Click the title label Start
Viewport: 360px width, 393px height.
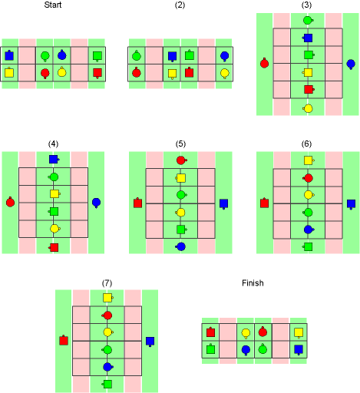point(53,5)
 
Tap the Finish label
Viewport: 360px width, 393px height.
point(253,282)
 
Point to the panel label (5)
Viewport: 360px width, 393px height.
point(180,144)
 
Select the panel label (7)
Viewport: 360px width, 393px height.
point(107,283)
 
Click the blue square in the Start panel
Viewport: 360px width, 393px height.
point(9,55)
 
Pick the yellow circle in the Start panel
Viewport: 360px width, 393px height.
point(62,72)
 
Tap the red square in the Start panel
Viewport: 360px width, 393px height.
point(97,73)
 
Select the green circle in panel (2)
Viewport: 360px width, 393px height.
point(137,55)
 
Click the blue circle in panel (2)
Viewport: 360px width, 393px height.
point(224,56)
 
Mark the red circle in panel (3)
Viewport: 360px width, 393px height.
point(264,63)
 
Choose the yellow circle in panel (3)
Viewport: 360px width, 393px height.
point(309,108)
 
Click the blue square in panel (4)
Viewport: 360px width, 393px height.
point(54,159)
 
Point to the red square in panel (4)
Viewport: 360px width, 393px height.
point(54,247)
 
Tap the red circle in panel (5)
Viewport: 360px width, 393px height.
point(181,160)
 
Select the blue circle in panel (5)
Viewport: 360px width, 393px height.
point(181,246)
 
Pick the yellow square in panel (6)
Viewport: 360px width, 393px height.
point(309,160)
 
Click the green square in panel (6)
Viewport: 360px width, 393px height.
point(308,246)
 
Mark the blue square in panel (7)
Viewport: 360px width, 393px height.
point(150,342)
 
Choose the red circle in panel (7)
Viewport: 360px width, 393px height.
point(107,315)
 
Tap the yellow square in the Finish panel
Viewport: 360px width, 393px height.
point(299,332)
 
